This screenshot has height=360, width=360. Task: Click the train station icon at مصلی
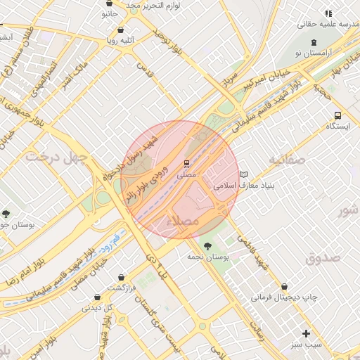(x=186, y=163)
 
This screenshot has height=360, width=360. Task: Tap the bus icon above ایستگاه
(x=338, y=115)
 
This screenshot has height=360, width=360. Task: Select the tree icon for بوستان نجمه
(x=207, y=245)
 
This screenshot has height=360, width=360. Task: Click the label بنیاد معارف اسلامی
(x=243, y=186)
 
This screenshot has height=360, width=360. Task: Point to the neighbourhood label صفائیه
(x=286, y=160)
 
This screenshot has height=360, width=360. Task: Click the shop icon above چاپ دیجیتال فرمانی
(x=284, y=287)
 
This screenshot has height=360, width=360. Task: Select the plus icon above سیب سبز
(x=306, y=333)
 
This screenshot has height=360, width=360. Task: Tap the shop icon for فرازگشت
(x=123, y=278)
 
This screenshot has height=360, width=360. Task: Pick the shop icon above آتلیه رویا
(x=122, y=30)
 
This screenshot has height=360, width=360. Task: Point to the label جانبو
(x=109, y=13)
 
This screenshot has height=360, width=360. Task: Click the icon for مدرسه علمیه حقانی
(x=328, y=13)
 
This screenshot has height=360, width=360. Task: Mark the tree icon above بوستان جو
(x=6, y=214)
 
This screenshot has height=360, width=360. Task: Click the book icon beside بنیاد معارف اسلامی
(x=243, y=175)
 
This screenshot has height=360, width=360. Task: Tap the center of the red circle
(x=181, y=179)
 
